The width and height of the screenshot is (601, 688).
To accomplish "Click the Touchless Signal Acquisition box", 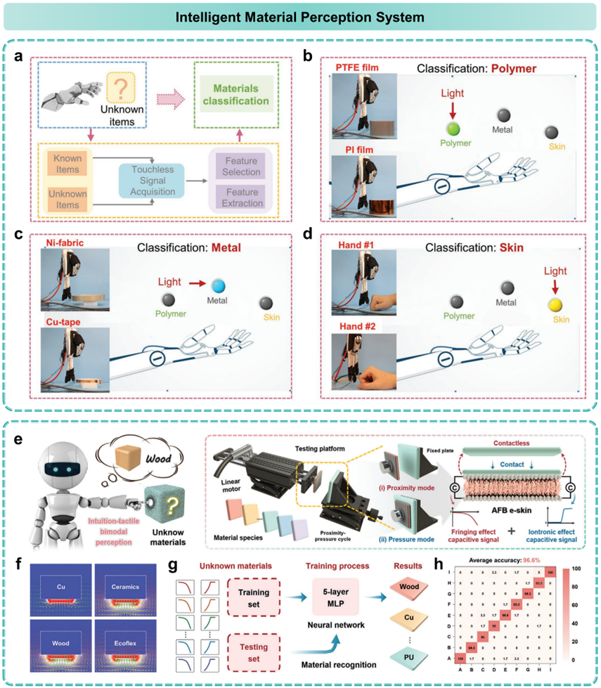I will coord(151,179).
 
